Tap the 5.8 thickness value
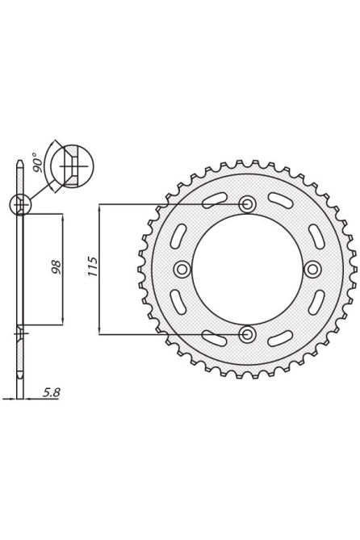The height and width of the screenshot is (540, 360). (x=50, y=392)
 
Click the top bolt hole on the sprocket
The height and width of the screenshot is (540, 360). (x=248, y=204)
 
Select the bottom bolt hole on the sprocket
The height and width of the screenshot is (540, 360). (x=248, y=333)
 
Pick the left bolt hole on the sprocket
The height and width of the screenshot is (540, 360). (x=182, y=269)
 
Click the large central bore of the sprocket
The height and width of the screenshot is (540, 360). (x=247, y=269)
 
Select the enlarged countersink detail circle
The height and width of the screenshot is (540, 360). (x=71, y=167)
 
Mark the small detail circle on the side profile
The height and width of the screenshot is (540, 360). (x=20, y=204)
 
